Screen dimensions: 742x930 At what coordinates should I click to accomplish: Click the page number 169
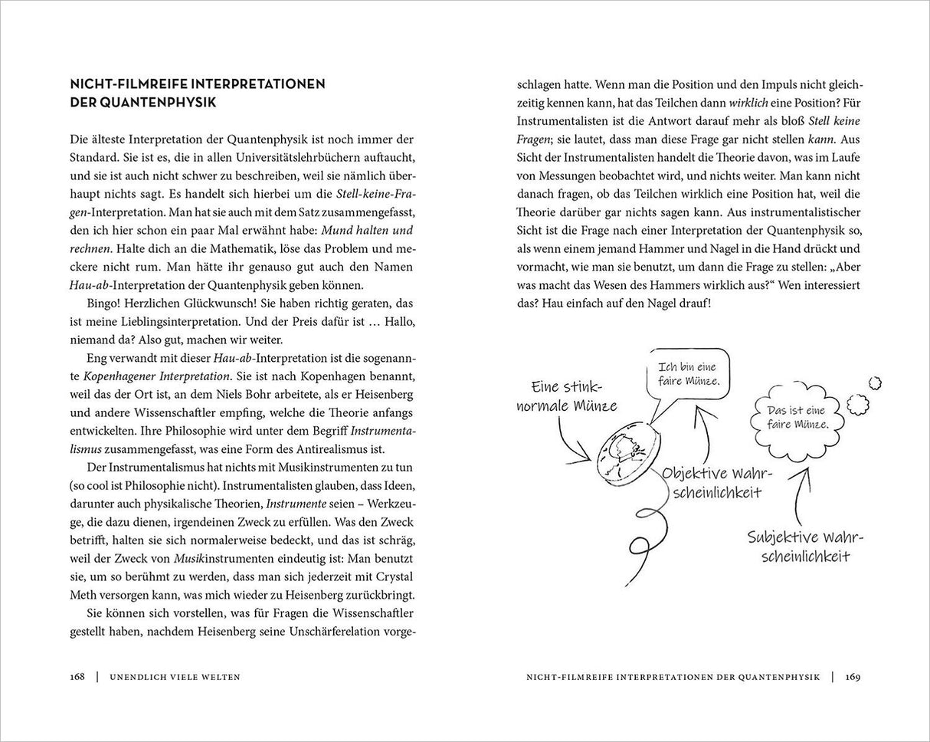[x=853, y=677]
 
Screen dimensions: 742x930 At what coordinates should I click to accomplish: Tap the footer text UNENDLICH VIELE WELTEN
[x=175, y=677]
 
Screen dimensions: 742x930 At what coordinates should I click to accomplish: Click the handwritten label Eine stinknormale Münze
[x=566, y=396]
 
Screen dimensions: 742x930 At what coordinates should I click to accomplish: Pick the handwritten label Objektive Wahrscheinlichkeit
[x=716, y=482]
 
